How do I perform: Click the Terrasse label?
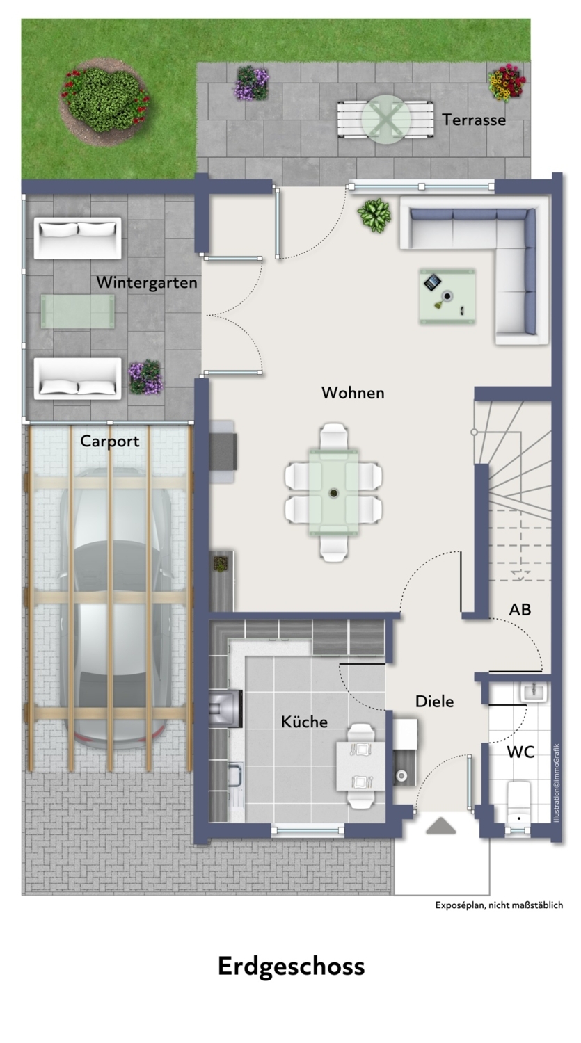[x=474, y=120]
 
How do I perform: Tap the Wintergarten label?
[x=147, y=282]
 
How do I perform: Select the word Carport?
[x=109, y=442]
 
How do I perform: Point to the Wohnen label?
[x=353, y=393]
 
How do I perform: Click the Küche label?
[x=304, y=722]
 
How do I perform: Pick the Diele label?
[x=434, y=701]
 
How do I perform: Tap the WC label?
[x=520, y=752]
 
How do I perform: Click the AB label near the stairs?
[x=520, y=610]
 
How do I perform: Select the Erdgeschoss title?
[x=292, y=967]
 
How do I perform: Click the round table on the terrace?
[x=386, y=119]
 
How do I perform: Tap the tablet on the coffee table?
[x=432, y=282]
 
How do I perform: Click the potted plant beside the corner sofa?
[x=374, y=215]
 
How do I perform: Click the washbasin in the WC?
[x=534, y=693]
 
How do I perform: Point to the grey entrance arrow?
[x=440, y=825]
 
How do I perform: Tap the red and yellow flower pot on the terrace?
[x=507, y=83]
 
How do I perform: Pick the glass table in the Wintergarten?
[x=77, y=312]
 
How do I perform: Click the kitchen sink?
[x=235, y=773]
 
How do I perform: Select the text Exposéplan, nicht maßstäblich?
[x=499, y=905]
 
